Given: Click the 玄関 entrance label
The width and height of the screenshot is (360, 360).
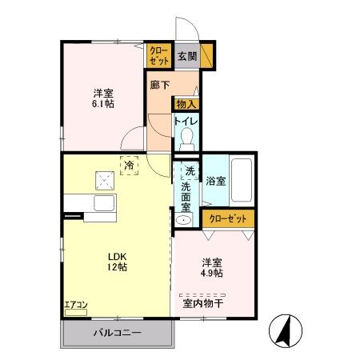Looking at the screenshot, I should point(187,56).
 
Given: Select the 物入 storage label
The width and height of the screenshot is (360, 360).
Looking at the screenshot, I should point(186,105).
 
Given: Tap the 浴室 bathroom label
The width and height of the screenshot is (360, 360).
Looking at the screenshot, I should point(215,181).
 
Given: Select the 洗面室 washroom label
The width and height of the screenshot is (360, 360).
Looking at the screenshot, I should point(186,193).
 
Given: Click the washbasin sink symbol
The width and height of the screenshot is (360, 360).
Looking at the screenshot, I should point(185,220).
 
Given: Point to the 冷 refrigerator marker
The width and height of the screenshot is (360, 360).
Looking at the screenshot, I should point(129,166).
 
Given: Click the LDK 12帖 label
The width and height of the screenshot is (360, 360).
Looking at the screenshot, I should point(118,262).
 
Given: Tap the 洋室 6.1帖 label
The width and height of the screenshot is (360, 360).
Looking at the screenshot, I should point(103,97).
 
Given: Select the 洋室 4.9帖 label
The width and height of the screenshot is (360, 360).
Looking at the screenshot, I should point(212,266).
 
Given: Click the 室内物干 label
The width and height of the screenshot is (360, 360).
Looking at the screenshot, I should point(203,302).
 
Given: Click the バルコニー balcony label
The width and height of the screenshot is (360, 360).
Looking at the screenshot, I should point(116,332).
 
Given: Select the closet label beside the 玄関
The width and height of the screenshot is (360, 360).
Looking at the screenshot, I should point(158,56).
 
